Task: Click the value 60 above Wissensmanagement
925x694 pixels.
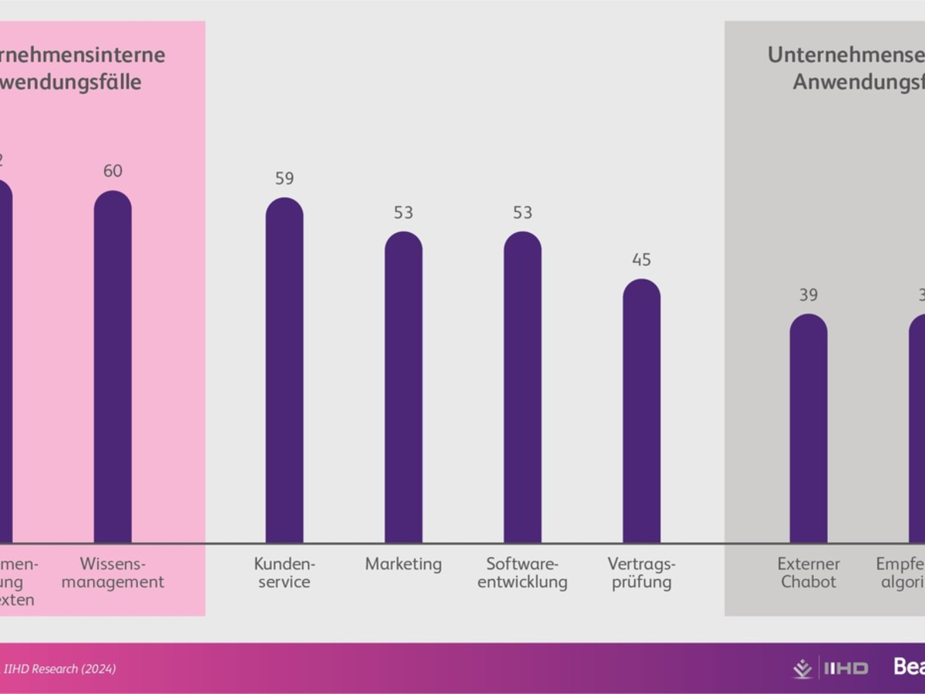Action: [113, 171]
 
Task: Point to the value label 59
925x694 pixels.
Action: [284, 179]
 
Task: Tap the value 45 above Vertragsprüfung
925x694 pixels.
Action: [641, 260]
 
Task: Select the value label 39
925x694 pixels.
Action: [808, 295]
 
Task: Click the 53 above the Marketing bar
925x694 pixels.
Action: [403, 213]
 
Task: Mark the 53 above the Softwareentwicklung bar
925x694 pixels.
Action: [523, 213]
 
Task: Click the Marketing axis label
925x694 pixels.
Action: [403, 564]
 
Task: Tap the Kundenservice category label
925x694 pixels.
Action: [284, 573]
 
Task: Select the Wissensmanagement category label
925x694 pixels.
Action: [113, 573]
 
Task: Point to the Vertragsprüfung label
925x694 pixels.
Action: [641, 573]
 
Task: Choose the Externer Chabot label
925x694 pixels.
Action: [808, 573]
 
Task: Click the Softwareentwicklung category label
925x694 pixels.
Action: [523, 573]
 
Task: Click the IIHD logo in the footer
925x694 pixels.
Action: [830, 668]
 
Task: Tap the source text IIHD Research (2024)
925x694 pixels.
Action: [59, 669]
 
